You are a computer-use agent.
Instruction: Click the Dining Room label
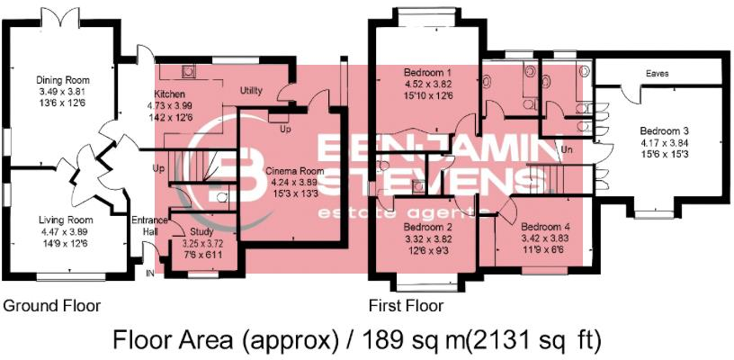[x=55, y=80]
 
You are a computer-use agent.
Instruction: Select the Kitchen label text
[x=169, y=93]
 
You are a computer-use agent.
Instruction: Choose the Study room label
[x=201, y=231]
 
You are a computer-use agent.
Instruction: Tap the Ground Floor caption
[x=51, y=305]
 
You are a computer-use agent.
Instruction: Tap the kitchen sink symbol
[x=188, y=70]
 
